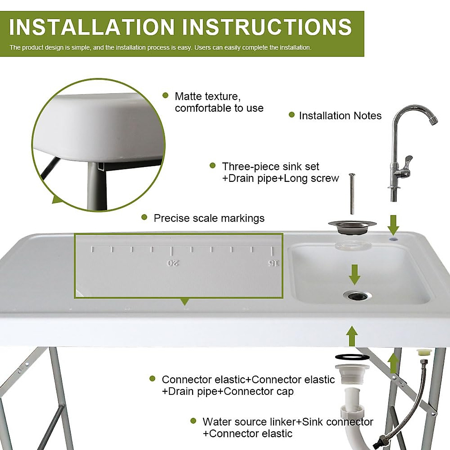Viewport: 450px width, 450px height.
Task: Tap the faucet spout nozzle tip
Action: click(x=433, y=120)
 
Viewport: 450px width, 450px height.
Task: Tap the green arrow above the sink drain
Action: click(x=355, y=274)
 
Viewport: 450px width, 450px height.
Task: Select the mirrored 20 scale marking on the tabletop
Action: click(x=173, y=263)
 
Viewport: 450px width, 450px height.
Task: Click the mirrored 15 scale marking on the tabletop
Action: click(x=273, y=263)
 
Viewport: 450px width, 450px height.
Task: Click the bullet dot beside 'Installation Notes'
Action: click(x=292, y=115)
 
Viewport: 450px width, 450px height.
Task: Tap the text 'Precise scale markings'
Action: click(x=209, y=218)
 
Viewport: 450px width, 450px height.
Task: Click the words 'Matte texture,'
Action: click(x=207, y=96)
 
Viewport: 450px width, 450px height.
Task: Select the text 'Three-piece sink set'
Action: click(x=270, y=166)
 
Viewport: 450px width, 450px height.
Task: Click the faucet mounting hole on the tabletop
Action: click(x=393, y=238)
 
